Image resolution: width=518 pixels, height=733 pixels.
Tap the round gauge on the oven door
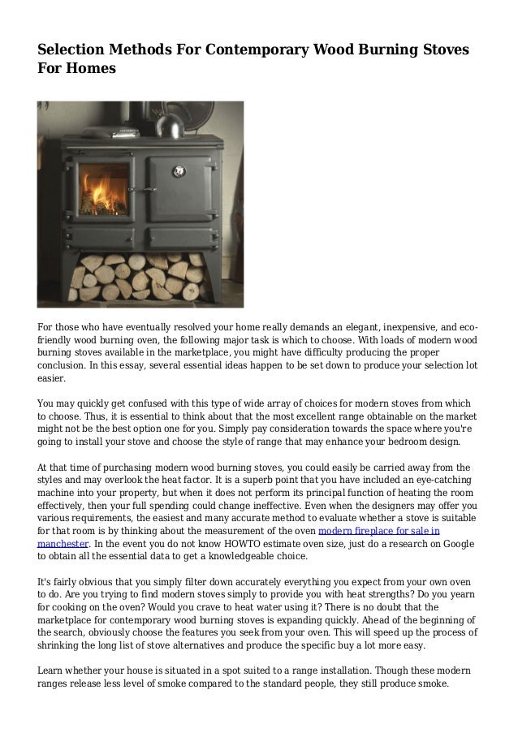[175, 170]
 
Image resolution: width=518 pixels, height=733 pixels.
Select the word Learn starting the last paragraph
[54, 670]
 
